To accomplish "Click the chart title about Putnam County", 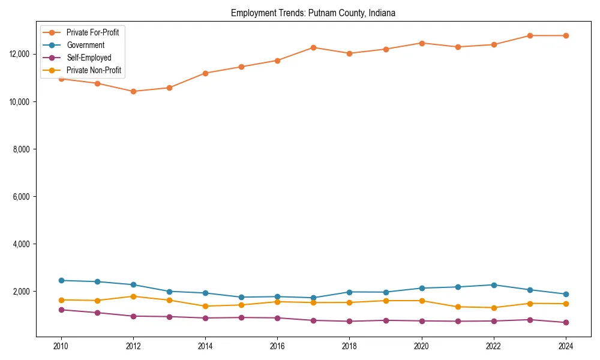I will pos(313,13).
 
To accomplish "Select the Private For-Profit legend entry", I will pos(92,32).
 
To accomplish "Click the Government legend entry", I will pos(85,45).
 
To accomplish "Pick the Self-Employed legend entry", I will pos(89,58).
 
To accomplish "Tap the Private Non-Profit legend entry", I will pos(94,70).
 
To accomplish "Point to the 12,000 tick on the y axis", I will pos(20,54).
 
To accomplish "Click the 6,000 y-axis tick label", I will pos(22,197).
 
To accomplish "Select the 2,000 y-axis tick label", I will pos(22,292).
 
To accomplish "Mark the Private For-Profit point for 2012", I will pos(133,91).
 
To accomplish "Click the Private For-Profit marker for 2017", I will pos(313,47).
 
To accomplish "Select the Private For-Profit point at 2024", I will pos(566,35).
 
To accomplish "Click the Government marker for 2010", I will pos(61,280).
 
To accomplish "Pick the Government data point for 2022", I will pos(494,285).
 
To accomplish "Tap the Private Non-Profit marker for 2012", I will pos(133,296).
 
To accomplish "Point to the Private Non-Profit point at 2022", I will pos(494,308).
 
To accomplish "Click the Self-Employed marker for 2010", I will pos(61,310).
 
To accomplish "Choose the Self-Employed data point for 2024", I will pos(566,323).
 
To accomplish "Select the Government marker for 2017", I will pos(313,298).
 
